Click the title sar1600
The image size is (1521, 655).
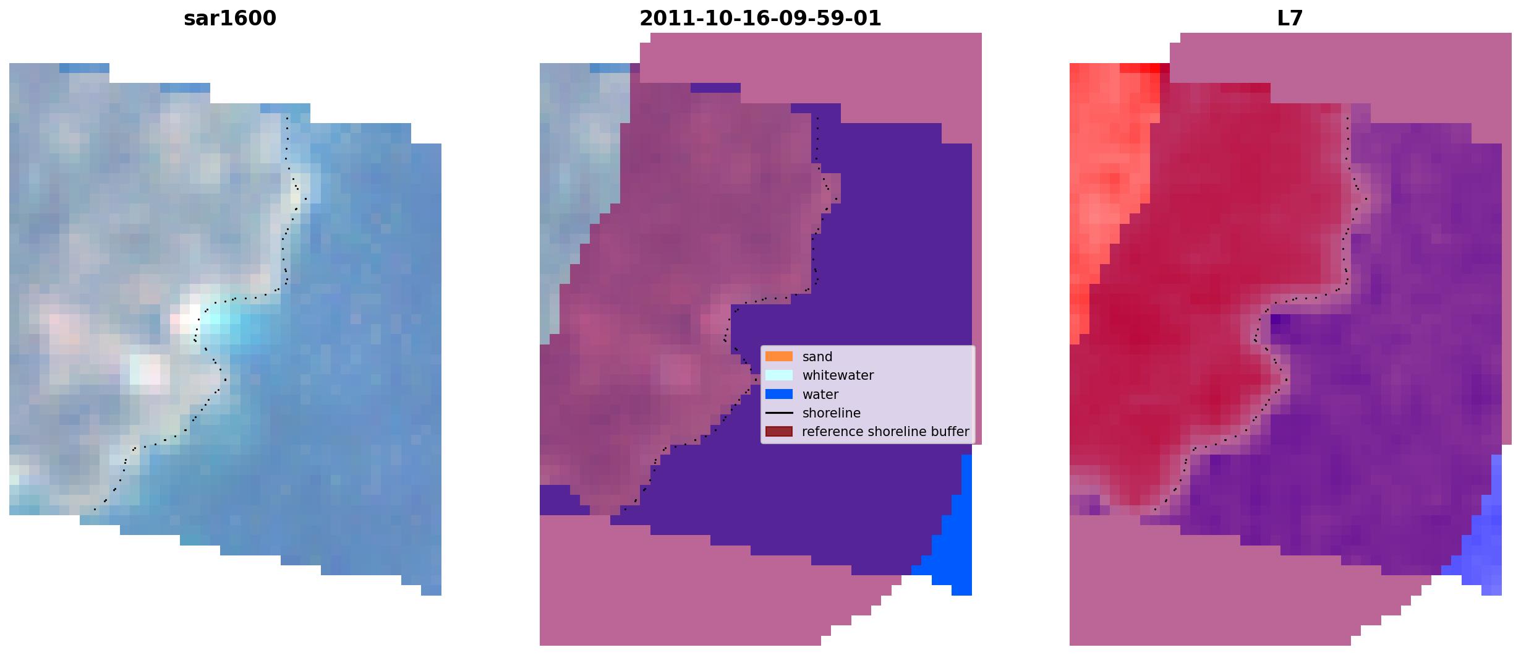point(230,19)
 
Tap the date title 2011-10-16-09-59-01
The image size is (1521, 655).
point(760,19)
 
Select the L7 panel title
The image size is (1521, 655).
point(1290,19)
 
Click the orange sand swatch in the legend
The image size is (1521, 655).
point(779,356)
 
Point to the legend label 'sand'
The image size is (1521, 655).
point(817,357)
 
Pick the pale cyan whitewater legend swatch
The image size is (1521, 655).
point(779,375)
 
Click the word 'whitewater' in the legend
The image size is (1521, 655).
point(838,375)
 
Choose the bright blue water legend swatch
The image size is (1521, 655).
point(779,394)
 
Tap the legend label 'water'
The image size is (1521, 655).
point(820,395)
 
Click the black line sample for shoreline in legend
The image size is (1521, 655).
point(779,413)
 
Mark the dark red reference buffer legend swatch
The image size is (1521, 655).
point(779,431)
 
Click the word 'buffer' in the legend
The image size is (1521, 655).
point(950,432)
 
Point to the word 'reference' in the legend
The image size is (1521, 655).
point(831,432)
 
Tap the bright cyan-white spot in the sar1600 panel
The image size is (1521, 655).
point(213,319)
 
